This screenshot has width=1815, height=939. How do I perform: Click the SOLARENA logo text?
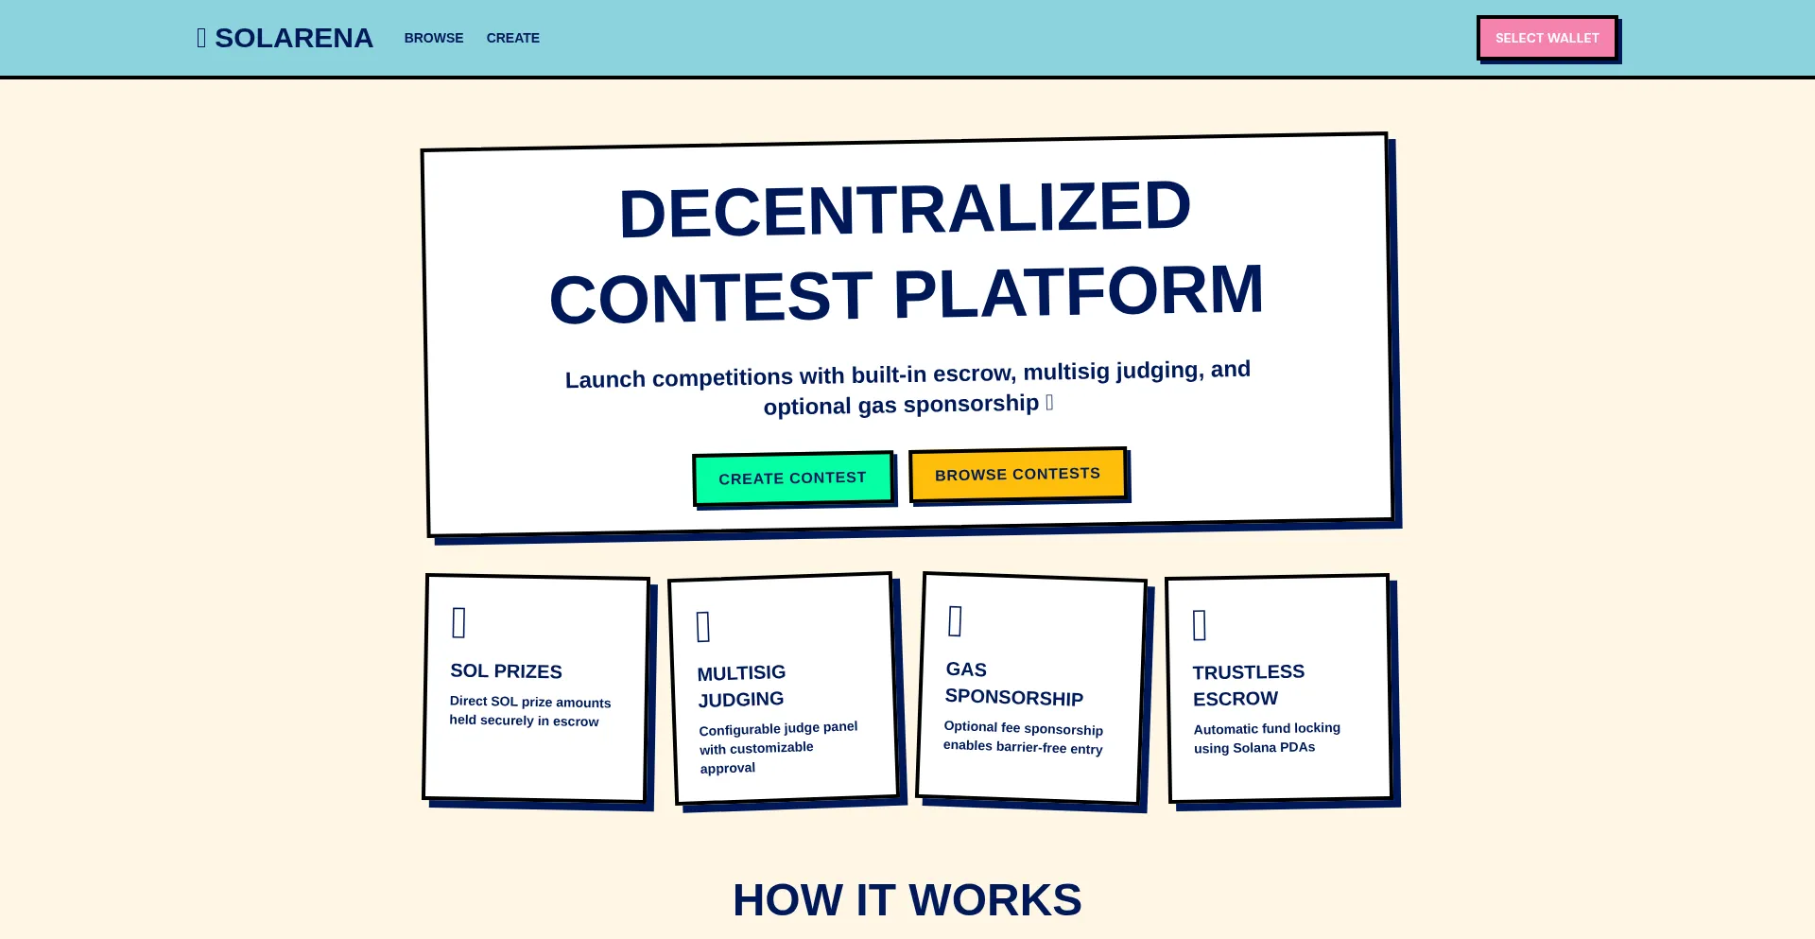(x=294, y=38)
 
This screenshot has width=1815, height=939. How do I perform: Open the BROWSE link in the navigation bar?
(x=434, y=38)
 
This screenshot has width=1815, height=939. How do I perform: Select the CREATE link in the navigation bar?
(x=513, y=38)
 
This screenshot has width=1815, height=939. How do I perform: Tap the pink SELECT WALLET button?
(x=1547, y=38)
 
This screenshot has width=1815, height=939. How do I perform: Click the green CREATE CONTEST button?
(x=792, y=478)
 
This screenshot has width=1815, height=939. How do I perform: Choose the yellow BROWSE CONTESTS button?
(x=1018, y=474)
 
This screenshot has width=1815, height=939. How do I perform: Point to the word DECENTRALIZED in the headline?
(x=905, y=209)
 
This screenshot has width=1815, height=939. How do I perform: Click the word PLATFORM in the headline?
(x=1079, y=291)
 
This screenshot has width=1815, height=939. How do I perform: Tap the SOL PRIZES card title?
(x=506, y=671)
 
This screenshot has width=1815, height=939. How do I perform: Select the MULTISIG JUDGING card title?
(x=742, y=686)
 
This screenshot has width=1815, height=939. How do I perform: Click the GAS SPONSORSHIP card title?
(x=1014, y=684)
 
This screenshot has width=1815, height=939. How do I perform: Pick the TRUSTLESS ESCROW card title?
(x=1249, y=686)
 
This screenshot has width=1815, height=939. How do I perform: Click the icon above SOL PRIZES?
(x=459, y=622)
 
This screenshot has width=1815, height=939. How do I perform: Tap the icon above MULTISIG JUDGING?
(x=703, y=626)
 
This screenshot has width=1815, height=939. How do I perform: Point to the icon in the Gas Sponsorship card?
(x=955, y=621)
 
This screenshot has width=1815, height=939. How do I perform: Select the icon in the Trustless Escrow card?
(x=1200, y=625)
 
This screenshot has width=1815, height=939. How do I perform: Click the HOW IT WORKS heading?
(x=907, y=900)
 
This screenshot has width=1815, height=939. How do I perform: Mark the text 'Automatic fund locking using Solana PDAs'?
(x=1267, y=738)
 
